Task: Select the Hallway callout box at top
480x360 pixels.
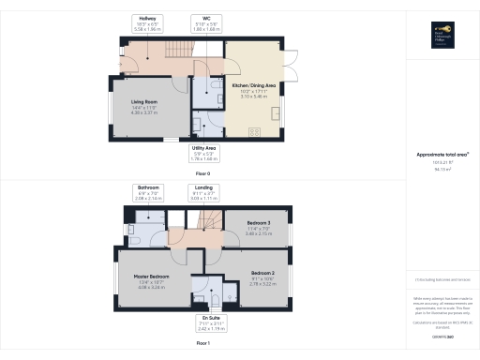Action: [x=148, y=23]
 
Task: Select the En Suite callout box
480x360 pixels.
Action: [x=211, y=325]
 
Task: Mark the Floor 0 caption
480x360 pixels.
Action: [x=202, y=174]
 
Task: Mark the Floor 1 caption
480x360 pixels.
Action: [x=202, y=345]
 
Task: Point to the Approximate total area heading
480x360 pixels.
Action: [x=442, y=154]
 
